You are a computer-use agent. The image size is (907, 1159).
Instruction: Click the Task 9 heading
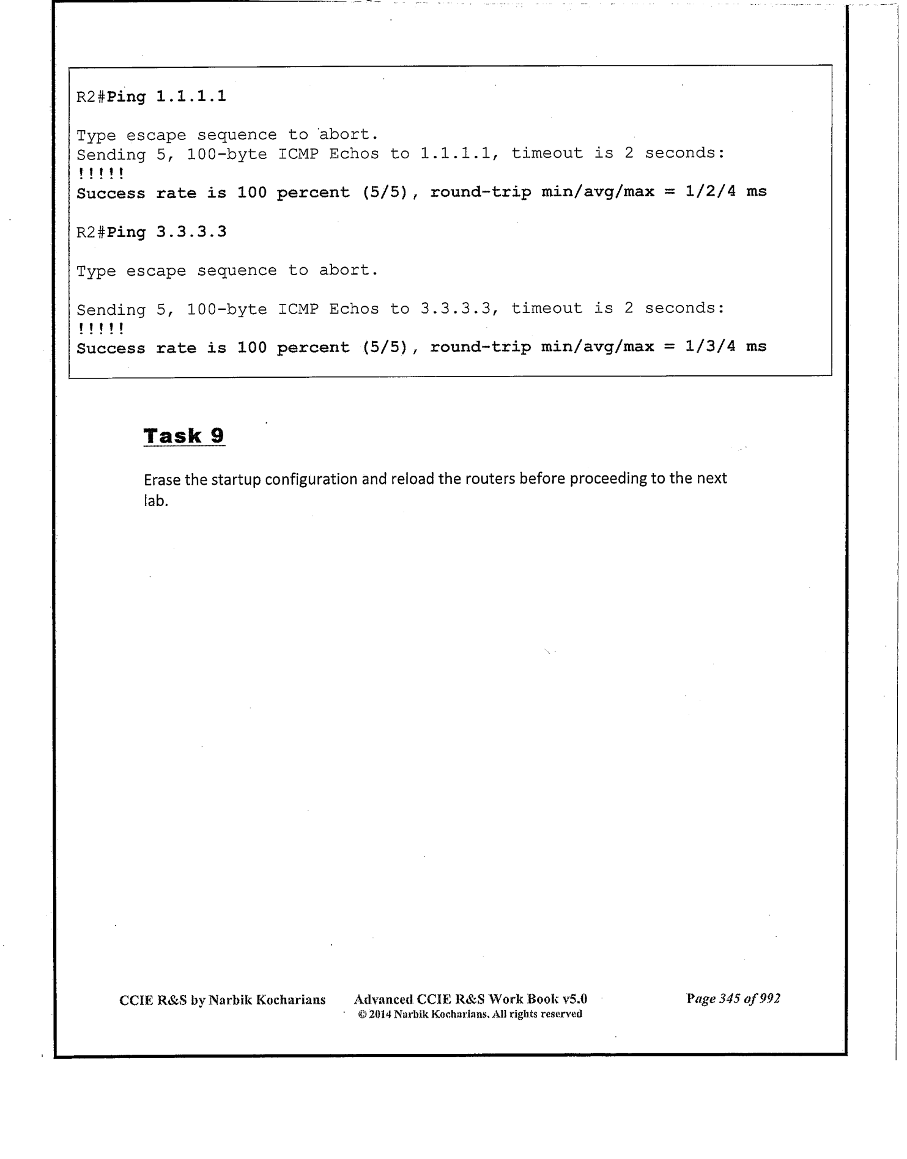pyautogui.click(x=184, y=436)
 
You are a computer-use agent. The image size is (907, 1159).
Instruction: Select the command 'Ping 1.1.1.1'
pyautogui.click(x=166, y=97)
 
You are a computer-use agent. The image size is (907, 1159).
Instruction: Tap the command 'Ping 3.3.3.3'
pyautogui.click(x=166, y=232)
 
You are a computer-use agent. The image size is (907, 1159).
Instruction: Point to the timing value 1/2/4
pyautogui.click(x=710, y=191)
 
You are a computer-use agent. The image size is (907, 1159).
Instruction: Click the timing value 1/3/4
pyautogui.click(x=710, y=347)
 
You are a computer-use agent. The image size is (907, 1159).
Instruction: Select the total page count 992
pyautogui.click(x=769, y=998)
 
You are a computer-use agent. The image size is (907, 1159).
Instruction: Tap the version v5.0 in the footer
pyautogui.click(x=575, y=999)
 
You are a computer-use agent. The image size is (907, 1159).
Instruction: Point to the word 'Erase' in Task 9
pyautogui.click(x=163, y=479)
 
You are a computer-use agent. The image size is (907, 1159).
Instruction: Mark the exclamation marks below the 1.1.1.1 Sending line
pyautogui.click(x=101, y=174)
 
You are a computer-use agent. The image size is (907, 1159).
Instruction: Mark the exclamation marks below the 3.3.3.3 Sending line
pyautogui.click(x=101, y=329)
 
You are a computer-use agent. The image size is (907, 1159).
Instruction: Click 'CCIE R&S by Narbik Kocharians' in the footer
pyautogui.click(x=223, y=999)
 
